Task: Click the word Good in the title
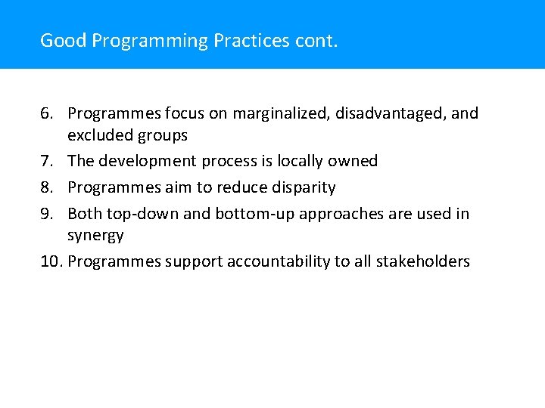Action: point(63,40)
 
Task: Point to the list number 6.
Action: point(47,113)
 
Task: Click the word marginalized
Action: point(282,113)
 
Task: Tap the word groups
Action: point(160,136)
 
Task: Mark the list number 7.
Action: point(47,161)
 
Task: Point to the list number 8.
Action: point(47,187)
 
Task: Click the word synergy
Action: point(95,236)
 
